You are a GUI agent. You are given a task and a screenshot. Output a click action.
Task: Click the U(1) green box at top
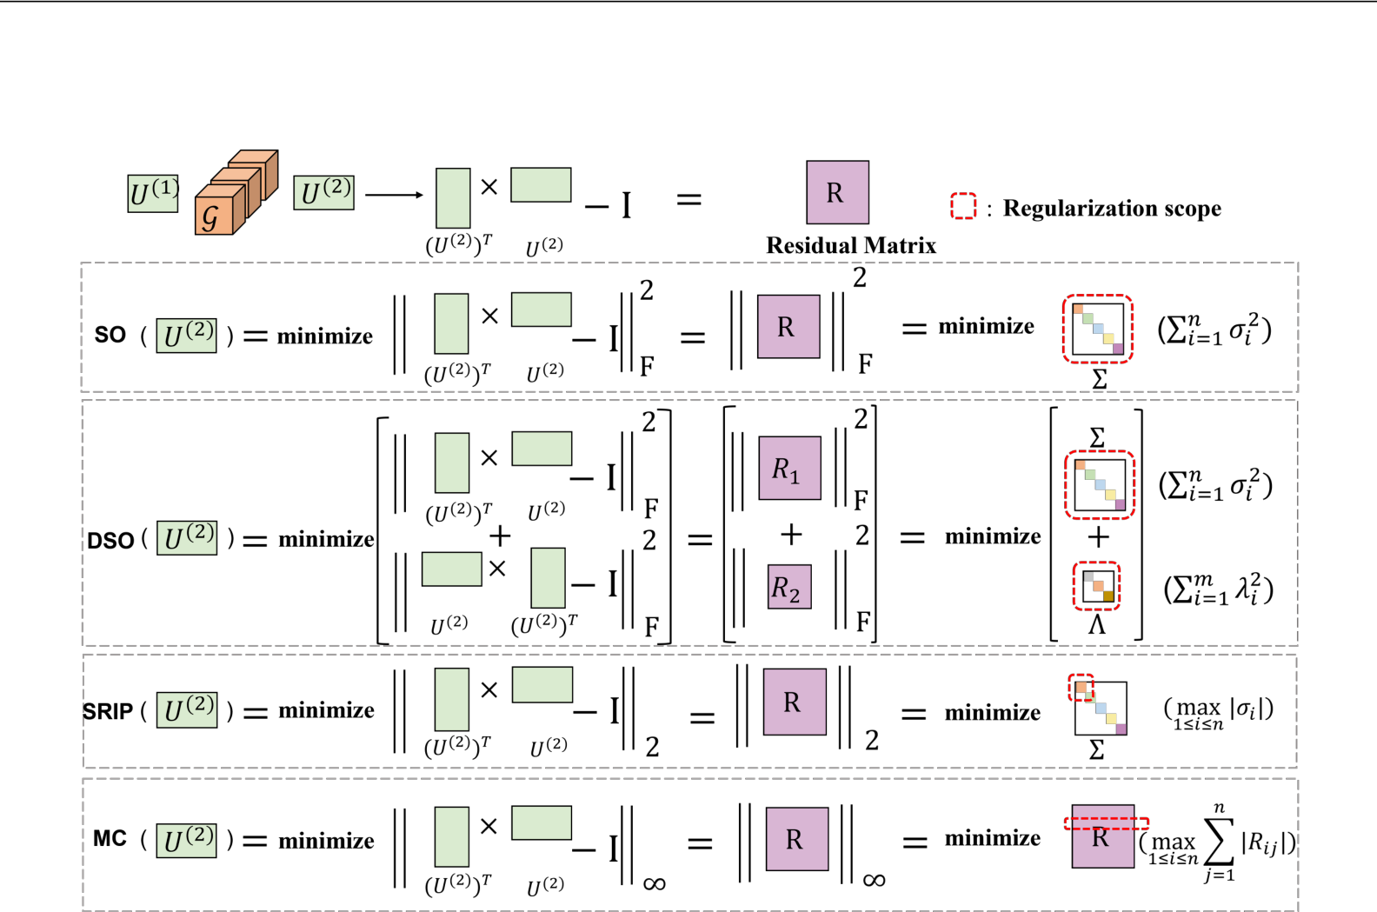coord(153,193)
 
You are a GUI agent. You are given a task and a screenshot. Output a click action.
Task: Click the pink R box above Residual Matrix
coord(836,192)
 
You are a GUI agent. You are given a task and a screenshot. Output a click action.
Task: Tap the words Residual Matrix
coord(850,246)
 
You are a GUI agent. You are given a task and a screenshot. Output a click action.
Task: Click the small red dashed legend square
coord(963,206)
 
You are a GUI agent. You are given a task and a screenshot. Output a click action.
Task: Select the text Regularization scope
coord(1111,209)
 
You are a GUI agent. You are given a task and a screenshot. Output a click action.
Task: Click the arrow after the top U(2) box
coord(393,195)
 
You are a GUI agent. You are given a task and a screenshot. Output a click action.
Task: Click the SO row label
coord(110,336)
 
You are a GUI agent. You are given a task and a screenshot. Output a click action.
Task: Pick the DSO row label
coord(110,541)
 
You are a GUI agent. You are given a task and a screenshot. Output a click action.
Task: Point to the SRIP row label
coord(108,712)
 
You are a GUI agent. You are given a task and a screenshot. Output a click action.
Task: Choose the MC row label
coord(110,839)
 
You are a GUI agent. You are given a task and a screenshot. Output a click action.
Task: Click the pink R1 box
coord(789,469)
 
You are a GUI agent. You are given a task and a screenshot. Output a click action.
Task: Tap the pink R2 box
coord(789,587)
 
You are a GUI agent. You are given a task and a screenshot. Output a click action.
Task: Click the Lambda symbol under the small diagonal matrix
coord(1096,625)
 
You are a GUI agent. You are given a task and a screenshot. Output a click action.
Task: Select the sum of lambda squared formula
coord(1217,590)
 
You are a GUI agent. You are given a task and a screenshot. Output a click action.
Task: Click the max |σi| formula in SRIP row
coord(1217,712)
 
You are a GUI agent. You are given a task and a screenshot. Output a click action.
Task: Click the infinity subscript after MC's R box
coord(874,881)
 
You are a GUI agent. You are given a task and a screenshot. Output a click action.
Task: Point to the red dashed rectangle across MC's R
coord(1107,823)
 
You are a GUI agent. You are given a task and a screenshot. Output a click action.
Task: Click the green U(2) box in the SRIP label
coord(186,710)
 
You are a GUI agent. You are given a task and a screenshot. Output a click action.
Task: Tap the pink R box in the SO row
coord(788,327)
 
